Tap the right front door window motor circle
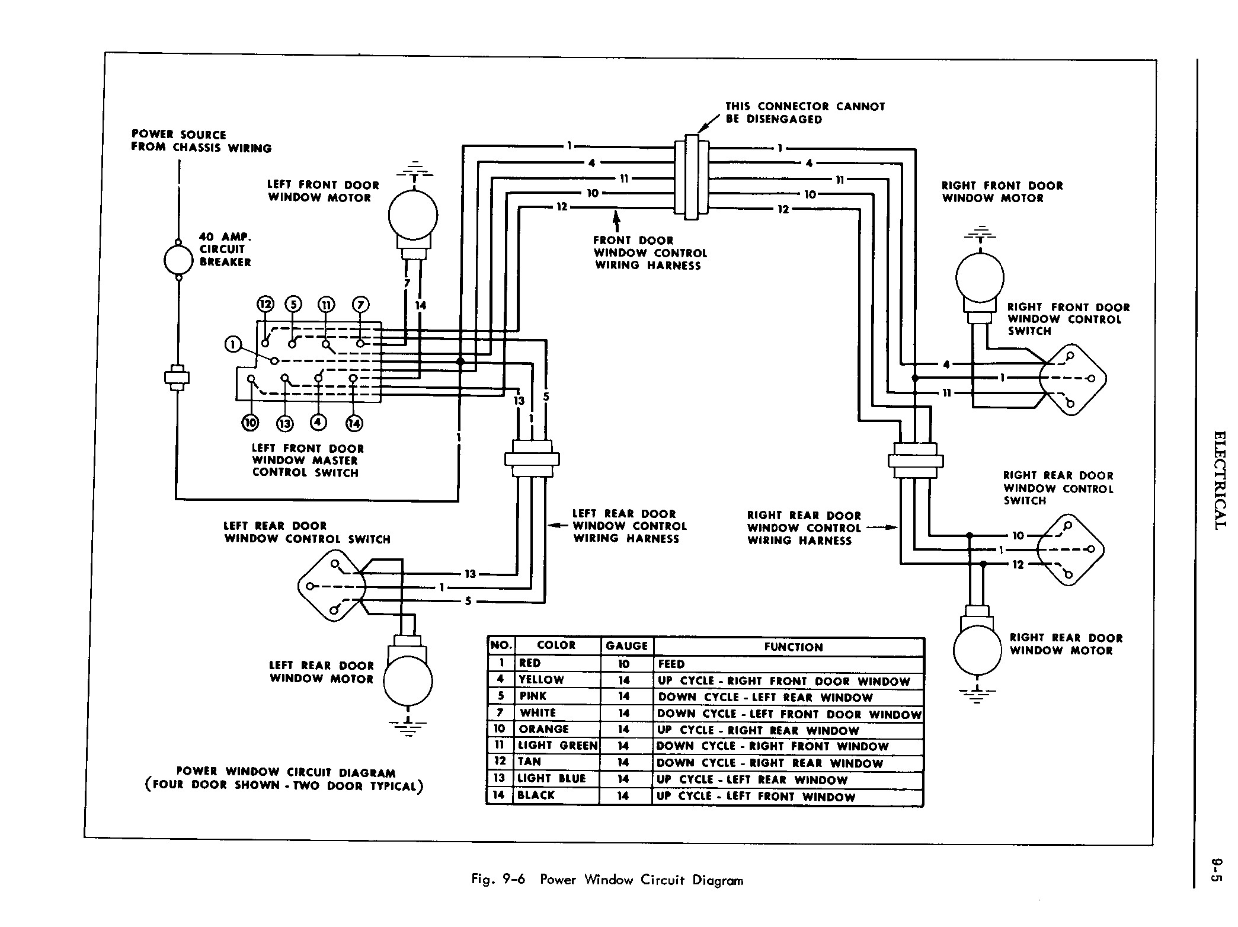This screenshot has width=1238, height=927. tap(980, 277)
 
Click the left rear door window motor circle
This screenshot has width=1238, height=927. tap(408, 681)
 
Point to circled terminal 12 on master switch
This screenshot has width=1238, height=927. tap(265, 305)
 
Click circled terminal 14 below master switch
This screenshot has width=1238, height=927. tap(354, 423)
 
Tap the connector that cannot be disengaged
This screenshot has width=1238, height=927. tap(692, 177)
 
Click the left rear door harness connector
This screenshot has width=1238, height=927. tap(532, 459)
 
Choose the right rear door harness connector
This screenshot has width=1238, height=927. tap(915, 461)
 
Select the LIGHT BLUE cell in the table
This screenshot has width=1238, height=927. tap(551, 779)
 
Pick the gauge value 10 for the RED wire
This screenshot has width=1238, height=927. tap(623, 664)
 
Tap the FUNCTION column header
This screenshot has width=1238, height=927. tap(793, 647)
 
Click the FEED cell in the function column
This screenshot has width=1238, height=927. tap(671, 664)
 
